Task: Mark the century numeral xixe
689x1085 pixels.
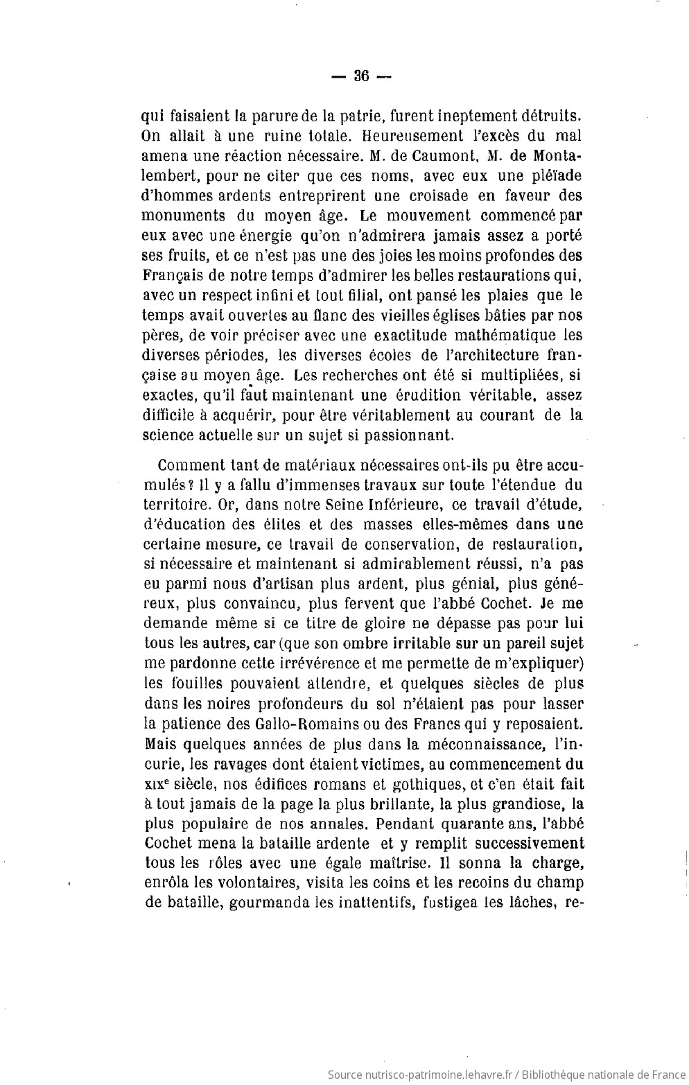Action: coord(162,784)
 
